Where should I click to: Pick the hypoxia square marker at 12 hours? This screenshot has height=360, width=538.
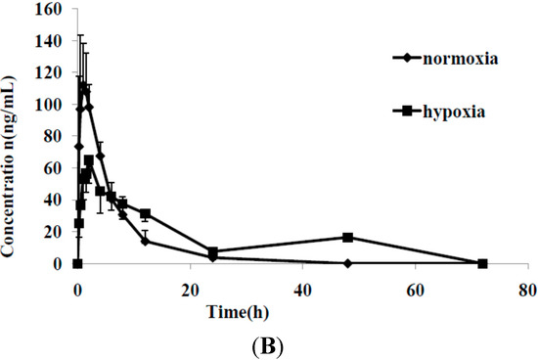[x=145, y=214]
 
